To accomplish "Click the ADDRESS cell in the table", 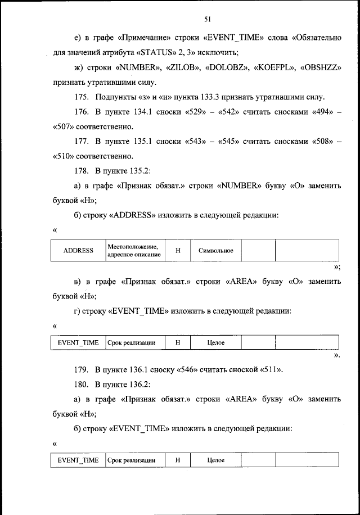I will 78,250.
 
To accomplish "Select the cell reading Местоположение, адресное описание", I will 133,250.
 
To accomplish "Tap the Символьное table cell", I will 216,250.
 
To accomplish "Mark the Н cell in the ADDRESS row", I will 178,250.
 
